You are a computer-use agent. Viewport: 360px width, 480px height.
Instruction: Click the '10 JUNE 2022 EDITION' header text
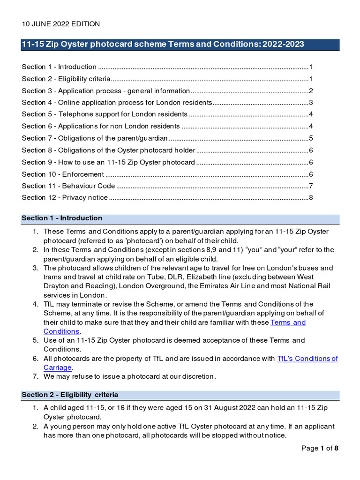(60, 24)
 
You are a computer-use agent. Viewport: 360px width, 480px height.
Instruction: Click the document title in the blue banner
(163, 45)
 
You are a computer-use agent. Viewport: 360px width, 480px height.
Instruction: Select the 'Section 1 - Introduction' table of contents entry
(59, 67)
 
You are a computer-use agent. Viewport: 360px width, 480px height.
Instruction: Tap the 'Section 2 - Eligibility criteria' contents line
(66, 79)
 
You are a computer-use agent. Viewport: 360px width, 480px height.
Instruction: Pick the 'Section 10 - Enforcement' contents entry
(63, 174)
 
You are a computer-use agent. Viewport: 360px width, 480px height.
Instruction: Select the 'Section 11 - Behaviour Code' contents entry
(68, 186)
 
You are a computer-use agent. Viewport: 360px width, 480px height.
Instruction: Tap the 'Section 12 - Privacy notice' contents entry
(65, 198)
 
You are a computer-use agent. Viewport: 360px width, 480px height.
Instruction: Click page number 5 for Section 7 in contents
(311, 138)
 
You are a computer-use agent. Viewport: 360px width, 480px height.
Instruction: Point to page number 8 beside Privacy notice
(311, 198)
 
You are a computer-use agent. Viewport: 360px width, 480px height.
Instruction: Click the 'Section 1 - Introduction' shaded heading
(62, 218)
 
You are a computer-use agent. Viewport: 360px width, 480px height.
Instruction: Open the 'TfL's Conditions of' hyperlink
(307, 359)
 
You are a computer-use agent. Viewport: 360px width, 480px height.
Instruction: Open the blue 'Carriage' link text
(58, 367)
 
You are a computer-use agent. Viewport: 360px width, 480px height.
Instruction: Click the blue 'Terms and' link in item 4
(288, 323)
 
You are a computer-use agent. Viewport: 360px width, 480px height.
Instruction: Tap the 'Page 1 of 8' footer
(320, 449)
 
